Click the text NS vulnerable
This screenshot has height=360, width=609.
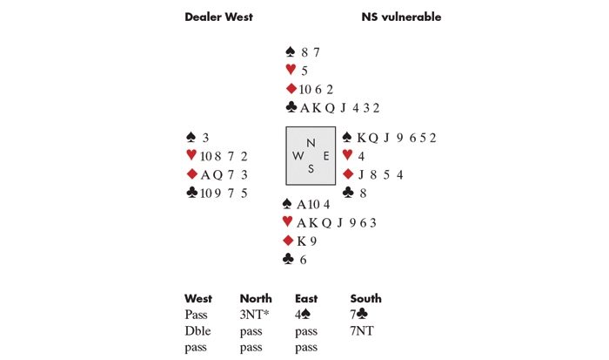click(401, 17)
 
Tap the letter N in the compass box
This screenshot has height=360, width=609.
click(311, 142)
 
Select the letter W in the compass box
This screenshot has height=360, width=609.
click(298, 156)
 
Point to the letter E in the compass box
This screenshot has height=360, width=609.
click(325, 156)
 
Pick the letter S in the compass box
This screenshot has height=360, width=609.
click(311, 169)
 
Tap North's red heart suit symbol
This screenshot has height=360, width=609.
click(291, 71)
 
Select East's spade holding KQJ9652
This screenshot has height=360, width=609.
click(395, 138)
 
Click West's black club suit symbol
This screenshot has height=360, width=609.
click(191, 193)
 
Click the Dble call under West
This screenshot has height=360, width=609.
click(197, 331)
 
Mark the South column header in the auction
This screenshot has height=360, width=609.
click(365, 299)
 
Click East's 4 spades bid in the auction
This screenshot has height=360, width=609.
click(305, 316)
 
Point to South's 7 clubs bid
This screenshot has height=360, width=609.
click(360, 316)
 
